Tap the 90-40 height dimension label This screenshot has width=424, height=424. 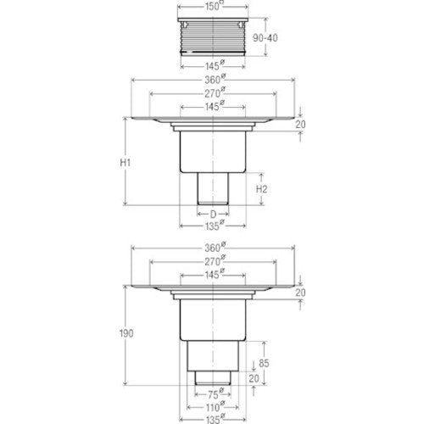pos(265,38)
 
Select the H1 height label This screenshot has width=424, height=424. pos(126,163)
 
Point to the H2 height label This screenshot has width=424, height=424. pos(261,189)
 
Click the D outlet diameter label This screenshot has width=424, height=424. pos(213,215)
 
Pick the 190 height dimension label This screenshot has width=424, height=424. pos(126,333)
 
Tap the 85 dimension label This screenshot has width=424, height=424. pos(264,363)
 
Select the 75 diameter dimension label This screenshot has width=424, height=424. pos(215,393)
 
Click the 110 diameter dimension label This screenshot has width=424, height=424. pos(215,407)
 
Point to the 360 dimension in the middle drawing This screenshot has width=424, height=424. pos(215,79)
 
